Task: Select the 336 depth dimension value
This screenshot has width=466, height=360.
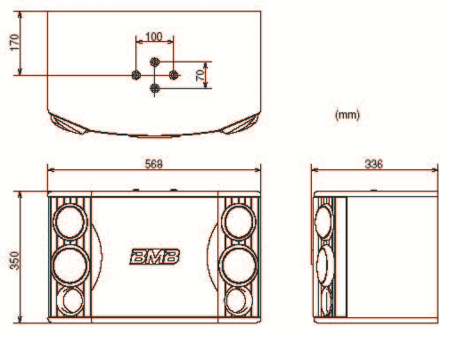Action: click(x=374, y=164)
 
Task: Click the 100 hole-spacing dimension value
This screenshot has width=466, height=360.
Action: click(x=153, y=37)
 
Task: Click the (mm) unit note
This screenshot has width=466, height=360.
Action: click(x=347, y=115)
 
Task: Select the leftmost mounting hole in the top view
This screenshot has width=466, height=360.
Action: click(x=136, y=75)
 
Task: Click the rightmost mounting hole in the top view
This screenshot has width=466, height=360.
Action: click(x=174, y=75)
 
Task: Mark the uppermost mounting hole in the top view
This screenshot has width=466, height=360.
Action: click(x=155, y=61)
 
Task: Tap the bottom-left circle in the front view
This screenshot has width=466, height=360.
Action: click(x=71, y=300)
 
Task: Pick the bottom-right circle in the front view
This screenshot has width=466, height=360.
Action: click(x=236, y=300)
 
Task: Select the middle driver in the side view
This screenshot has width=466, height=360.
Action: click(x=325, y=263)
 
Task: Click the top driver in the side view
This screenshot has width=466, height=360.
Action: click(x=324, y=219)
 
